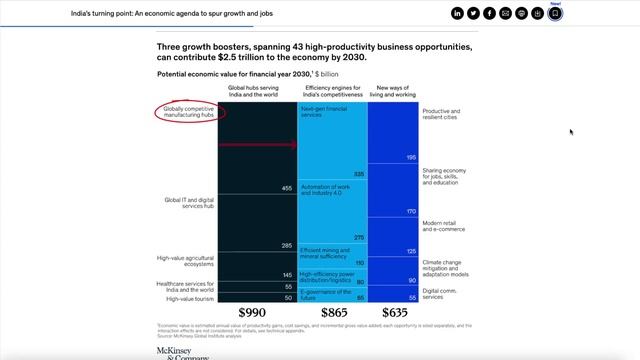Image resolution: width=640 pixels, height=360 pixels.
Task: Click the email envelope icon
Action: (506, 13)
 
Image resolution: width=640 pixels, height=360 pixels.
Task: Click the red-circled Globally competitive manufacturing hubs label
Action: (190, 113)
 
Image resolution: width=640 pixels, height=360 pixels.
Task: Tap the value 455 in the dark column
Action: (286, 188)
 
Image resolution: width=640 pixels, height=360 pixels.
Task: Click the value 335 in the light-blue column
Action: (358, 174)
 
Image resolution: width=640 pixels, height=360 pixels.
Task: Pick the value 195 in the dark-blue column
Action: (410, 157)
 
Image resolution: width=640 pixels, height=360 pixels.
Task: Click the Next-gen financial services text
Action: (324, 112)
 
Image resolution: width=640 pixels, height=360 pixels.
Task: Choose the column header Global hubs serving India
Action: (256, 92)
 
